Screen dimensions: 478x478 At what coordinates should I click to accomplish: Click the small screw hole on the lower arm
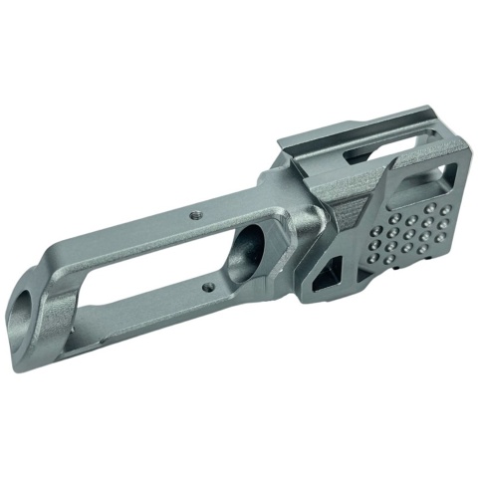(207, 289)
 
